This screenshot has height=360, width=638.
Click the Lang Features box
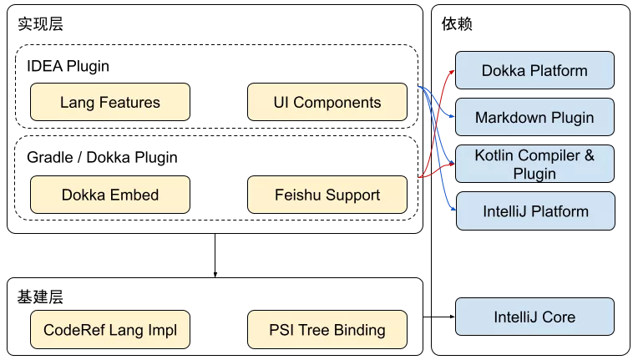pos(110,102)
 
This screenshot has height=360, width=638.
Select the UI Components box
pos(327,102)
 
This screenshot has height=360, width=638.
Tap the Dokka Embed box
pos(110,195)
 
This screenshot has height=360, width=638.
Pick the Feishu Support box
pos(327,195)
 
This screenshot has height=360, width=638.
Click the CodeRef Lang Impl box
pos(110,330)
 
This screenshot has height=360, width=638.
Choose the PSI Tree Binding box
pos(327,330)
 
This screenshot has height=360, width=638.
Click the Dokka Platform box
pos(534,70)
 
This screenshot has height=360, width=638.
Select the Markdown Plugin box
pos(534,117)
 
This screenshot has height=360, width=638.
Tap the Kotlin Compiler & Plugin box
pos(534,164)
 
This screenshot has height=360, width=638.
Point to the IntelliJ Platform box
pos(535,211)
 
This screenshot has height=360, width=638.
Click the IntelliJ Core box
pos(534,317)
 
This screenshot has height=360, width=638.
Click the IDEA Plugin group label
pos(68,66)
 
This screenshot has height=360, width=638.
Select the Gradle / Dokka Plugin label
pos(102,157)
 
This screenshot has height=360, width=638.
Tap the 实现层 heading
pos(40,24)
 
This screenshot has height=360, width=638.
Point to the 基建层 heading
pos(40,297)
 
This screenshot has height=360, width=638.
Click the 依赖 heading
pos(457,24)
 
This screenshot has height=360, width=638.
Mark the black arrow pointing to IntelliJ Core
pos(439,317)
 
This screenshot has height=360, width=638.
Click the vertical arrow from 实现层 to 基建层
pos(215,256)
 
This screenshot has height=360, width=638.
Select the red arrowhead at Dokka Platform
pos(452,72)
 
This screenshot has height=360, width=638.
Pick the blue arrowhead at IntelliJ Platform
pos(453,209)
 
